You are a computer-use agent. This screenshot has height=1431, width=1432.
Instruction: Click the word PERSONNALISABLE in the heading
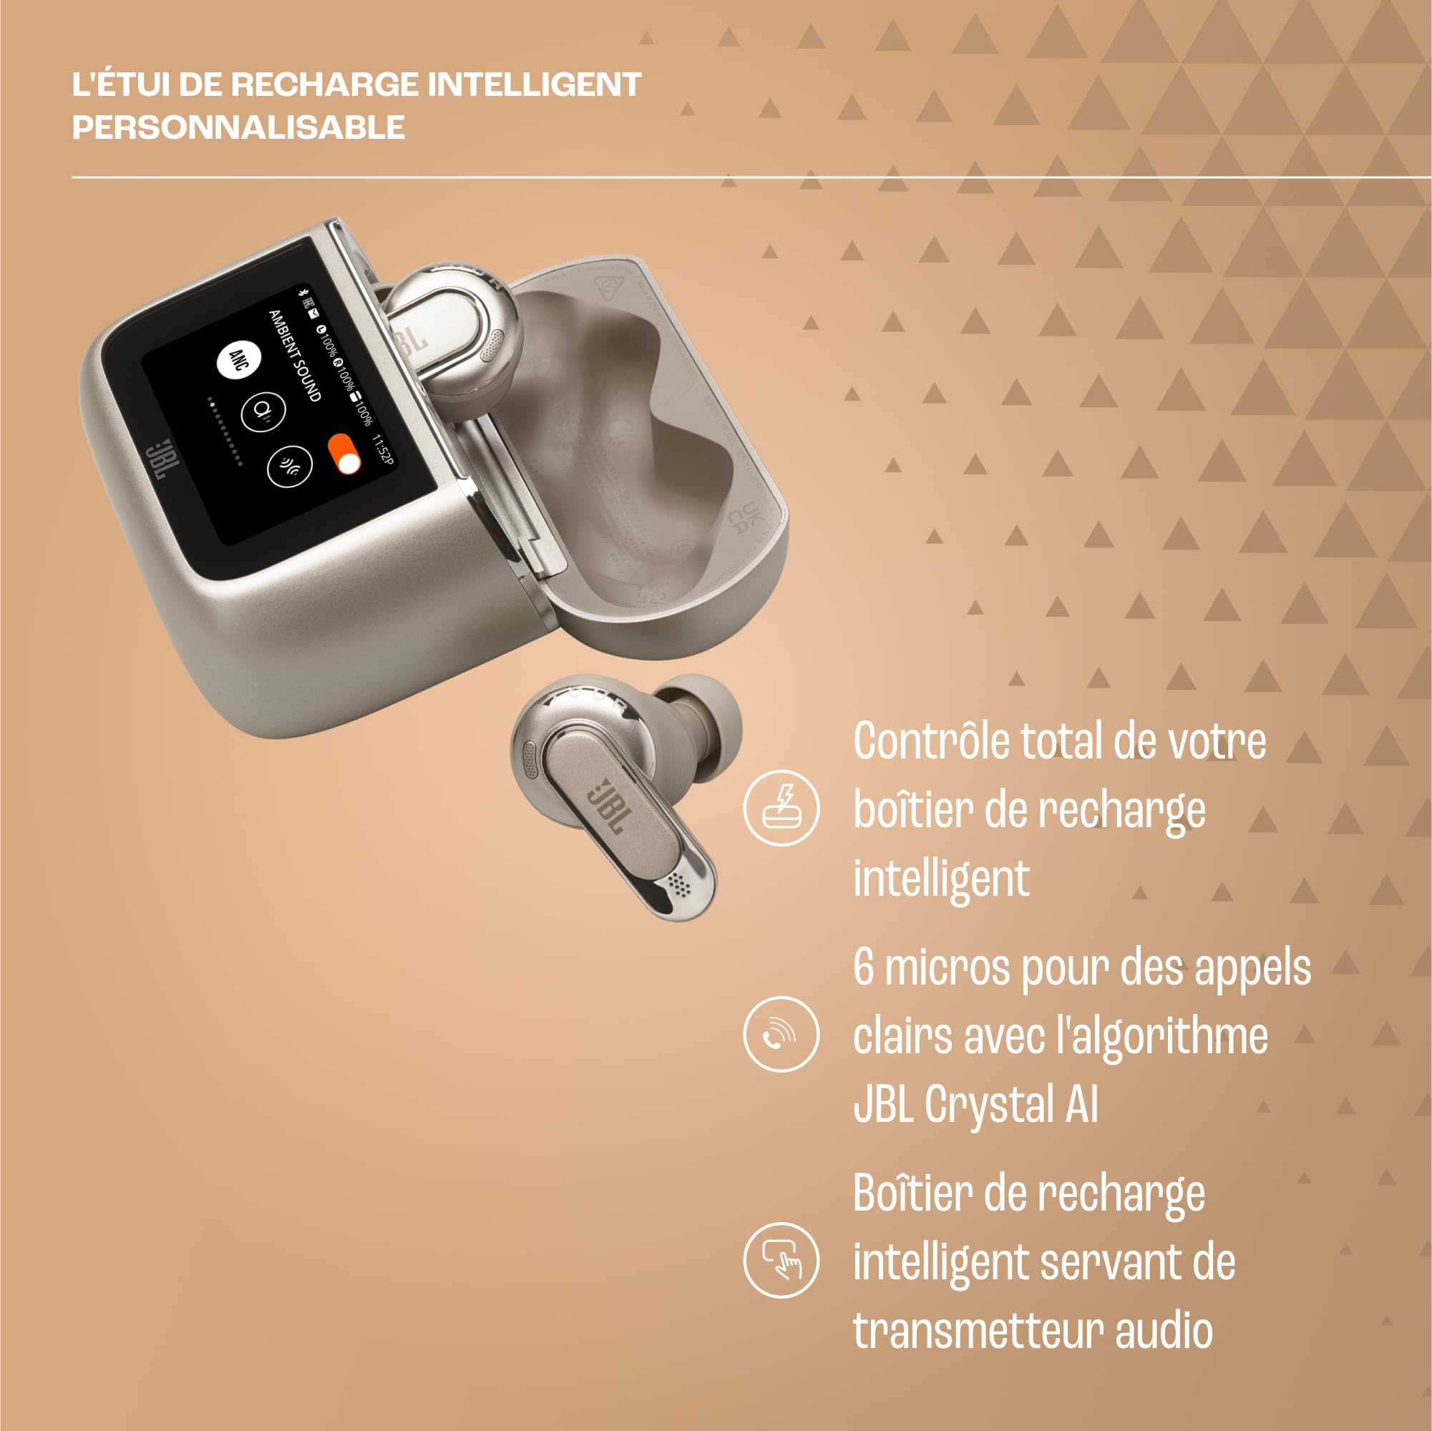[x=238, y=127]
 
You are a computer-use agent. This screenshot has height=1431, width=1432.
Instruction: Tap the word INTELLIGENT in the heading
[x=534, y=84]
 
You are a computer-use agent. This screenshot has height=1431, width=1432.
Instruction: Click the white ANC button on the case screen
[x=238, y=360]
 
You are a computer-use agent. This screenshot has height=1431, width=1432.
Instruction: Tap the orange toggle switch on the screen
[x=344, y=453]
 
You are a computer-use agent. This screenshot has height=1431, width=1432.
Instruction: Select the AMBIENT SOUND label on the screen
[x=294, y=356]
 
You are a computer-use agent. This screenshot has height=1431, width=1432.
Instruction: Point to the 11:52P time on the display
[x=381, y=450]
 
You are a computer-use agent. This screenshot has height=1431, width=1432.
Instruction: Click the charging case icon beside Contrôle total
[x=781, y=808]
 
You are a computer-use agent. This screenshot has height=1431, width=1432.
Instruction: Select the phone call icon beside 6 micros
[x=781, y=1034]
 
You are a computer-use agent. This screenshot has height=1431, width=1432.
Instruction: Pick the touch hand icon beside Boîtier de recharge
[x=781, y=1260]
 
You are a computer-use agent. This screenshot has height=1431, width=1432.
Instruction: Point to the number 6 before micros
[x=864, y=967]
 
